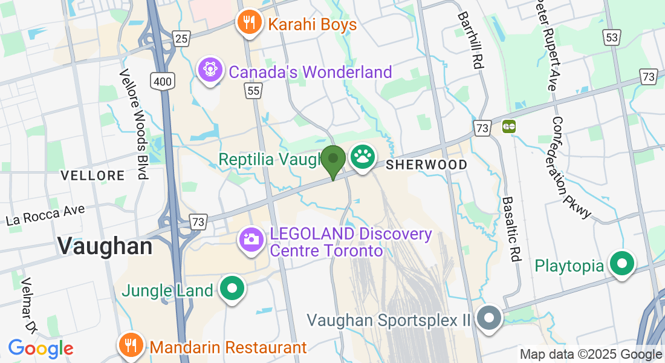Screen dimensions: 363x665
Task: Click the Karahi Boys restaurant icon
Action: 248,23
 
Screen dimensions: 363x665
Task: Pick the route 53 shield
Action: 612,38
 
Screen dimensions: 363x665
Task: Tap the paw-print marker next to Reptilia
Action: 362,157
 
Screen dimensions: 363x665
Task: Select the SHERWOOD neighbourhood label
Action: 426,165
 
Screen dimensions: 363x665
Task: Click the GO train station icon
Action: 509,127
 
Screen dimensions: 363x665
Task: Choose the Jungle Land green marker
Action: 232,289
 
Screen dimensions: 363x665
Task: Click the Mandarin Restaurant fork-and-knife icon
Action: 130,345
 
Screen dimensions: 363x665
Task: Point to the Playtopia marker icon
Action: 621,264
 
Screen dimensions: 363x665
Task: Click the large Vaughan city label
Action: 105,246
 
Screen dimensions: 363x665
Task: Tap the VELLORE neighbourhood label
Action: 92,175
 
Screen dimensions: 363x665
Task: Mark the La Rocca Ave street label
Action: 45,214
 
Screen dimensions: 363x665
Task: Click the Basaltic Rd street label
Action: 511,229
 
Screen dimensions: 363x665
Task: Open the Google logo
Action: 41,348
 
